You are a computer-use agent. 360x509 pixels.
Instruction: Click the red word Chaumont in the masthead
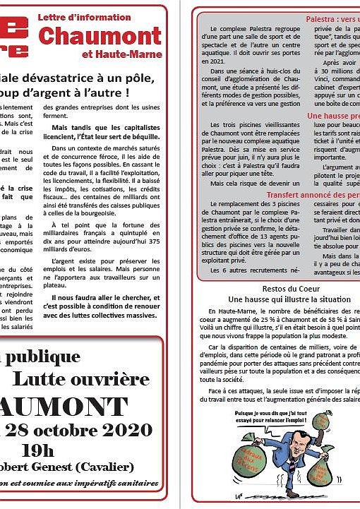[x=100, y=34]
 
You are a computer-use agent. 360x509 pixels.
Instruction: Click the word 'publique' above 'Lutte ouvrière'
[x=29, y=355]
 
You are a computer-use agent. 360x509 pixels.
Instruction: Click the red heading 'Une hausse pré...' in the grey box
[x=332, y=115]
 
